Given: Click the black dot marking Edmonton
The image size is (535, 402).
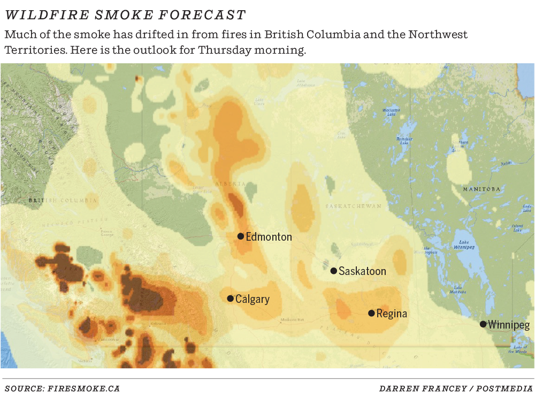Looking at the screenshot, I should [241, 236].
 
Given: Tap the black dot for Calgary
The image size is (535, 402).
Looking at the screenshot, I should [230, 299].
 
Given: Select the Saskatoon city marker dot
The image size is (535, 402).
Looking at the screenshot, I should [333, 271].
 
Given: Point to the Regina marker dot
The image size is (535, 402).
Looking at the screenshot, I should [371, 313].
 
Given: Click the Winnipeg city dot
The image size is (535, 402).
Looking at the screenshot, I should [483, 324].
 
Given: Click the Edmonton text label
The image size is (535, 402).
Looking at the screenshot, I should [269, 237].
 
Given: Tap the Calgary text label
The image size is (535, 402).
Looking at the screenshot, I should [253, 299].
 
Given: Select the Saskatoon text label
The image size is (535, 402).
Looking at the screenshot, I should [362, 271].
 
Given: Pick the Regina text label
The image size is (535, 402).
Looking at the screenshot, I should [392, 314].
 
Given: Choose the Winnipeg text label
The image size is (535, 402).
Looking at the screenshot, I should [509, 325].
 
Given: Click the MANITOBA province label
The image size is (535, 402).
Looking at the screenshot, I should [481, 189].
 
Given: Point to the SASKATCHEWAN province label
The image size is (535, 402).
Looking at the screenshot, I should [354, 206].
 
